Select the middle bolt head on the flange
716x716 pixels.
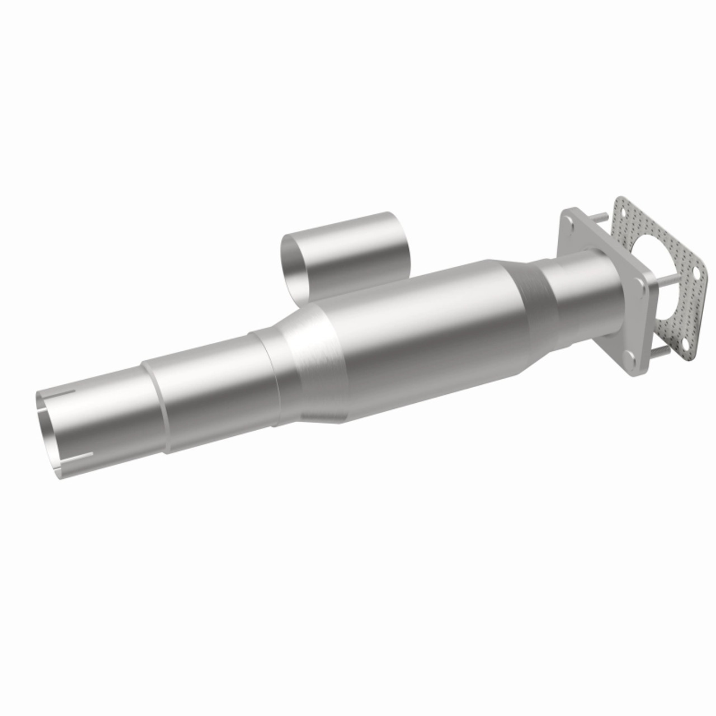(638, 283)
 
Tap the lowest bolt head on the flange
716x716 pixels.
(628, 355)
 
